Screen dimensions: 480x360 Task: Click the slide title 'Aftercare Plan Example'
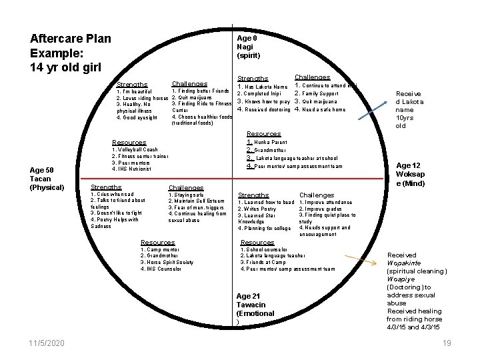click(x=71, y=53)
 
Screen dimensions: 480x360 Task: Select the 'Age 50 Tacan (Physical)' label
click(x=47, y=179)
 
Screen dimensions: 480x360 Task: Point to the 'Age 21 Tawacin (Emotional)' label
click(x=255, y=309)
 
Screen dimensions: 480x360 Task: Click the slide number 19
click(x=446, y=343)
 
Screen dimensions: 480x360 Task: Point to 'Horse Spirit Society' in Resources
click(x=167, y=263)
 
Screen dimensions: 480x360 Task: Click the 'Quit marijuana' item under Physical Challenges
click(x=194, y=97)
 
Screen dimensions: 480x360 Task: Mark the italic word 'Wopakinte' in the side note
click(x=405, y=263)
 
